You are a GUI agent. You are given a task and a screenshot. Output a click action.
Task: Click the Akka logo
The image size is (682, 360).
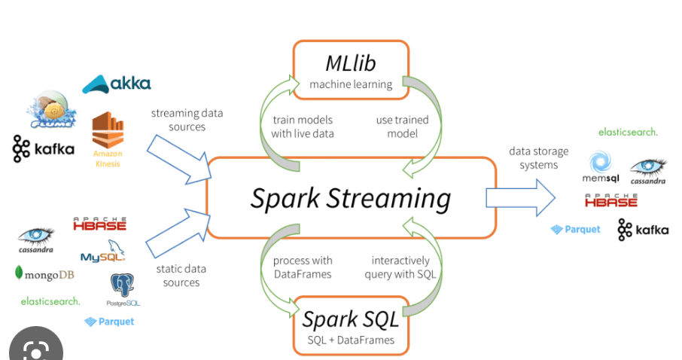pos(117,84)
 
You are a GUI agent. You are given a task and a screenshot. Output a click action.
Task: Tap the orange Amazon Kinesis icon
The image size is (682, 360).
pos(108,139)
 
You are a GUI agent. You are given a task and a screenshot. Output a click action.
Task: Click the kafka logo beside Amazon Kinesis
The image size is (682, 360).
pos(44,148)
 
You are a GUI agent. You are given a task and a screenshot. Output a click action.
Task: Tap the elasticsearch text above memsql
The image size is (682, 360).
pos(628,132)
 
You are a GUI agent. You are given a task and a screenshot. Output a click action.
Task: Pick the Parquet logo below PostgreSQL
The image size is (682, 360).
pos(109,322)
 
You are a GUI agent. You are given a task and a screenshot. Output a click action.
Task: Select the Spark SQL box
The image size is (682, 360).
pos(351,325)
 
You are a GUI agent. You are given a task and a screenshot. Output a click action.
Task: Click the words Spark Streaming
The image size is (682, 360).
pos(351,198)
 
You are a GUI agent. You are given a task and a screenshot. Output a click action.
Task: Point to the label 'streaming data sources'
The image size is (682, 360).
pos(187,121)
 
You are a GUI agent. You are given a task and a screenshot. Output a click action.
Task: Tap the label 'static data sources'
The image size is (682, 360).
pos(181,276)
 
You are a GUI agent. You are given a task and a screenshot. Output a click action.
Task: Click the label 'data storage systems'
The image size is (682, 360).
pos(539,158)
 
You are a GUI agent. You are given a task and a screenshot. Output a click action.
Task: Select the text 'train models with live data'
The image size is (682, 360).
pos(302,127)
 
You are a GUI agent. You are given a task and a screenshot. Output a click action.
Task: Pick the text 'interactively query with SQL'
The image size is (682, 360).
pos(400,267)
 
